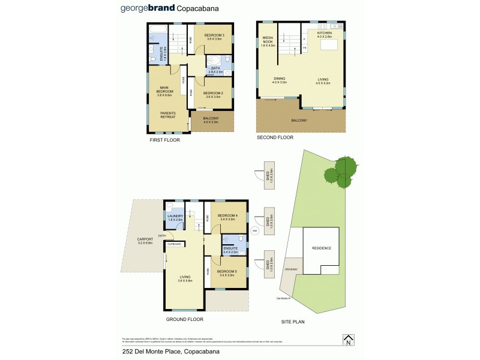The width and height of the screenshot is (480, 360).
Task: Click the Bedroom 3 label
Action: [214, 35]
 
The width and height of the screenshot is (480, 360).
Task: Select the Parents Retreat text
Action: [167, 114]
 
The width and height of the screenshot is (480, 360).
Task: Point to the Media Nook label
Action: [268, 40]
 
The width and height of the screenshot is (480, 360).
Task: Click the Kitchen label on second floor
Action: [324, 33]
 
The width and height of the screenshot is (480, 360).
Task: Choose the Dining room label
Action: [280, 79]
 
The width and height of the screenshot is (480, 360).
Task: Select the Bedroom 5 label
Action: [227, 272]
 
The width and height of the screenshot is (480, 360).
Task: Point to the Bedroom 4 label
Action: [227, 215]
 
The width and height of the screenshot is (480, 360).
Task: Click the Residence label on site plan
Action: [321, 248]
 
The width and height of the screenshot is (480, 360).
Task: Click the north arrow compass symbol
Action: [347, 340]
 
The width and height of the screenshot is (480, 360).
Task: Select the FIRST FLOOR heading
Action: [164, 140]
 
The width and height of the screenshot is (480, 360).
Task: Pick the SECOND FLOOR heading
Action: [275, 137]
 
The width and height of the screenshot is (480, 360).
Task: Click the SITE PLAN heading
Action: [293, 322]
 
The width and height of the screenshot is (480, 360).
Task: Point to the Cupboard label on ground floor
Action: [174, 244]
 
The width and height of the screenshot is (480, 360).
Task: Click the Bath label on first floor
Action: [215, 68]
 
